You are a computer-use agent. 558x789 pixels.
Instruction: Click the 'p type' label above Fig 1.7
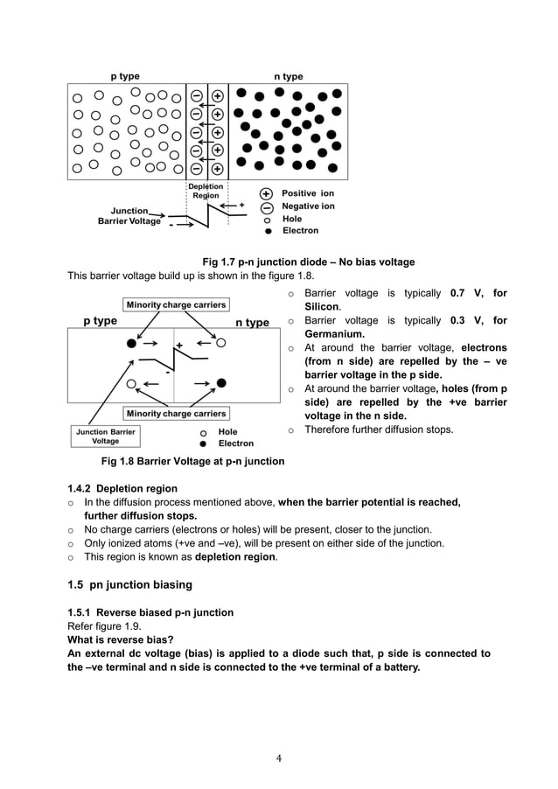(x=124, y=76)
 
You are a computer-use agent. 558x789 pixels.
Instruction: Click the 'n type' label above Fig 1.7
(x=289, y=77)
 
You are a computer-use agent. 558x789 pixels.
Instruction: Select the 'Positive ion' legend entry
(x=307, y=192)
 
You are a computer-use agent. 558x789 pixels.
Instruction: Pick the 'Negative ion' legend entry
(x=308, y=206)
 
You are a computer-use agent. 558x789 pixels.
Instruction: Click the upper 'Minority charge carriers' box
(x=176, y=305)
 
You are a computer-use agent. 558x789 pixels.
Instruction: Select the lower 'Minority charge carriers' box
(x=176, y=414)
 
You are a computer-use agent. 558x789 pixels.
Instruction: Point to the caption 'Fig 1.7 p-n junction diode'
(x=308, y=262)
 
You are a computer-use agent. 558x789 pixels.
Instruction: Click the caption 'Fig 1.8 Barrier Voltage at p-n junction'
(x=192, y=461)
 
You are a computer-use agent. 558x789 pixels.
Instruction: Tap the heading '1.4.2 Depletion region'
(x=122, y=488)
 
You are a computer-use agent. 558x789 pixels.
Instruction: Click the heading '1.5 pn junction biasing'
(x=129, y=583)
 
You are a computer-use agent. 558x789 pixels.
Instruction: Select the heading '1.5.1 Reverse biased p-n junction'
(x=150, y=612)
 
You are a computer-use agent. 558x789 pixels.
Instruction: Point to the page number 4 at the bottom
(x=278, y=758)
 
